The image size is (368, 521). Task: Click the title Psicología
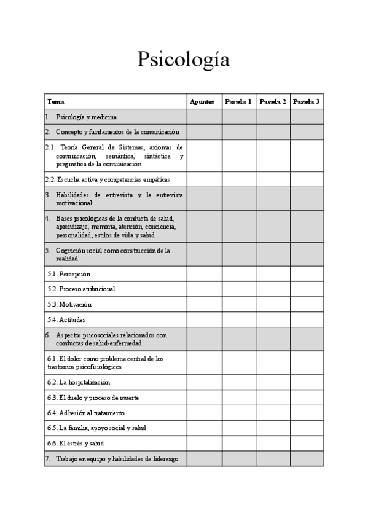click(184, 60)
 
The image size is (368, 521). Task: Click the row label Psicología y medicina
click(86, 117)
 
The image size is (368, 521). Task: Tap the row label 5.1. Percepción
click(69, 274)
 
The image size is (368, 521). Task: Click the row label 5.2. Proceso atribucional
click(81, 289)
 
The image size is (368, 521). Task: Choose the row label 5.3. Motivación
click(69, 304)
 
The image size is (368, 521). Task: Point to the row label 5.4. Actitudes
click(66, 319)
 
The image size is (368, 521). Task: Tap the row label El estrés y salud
click(76, 443)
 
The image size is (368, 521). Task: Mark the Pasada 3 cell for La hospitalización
click(307, 382)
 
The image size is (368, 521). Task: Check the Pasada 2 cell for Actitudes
click(273, 319)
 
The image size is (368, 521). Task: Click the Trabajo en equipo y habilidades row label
click(117, 458)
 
